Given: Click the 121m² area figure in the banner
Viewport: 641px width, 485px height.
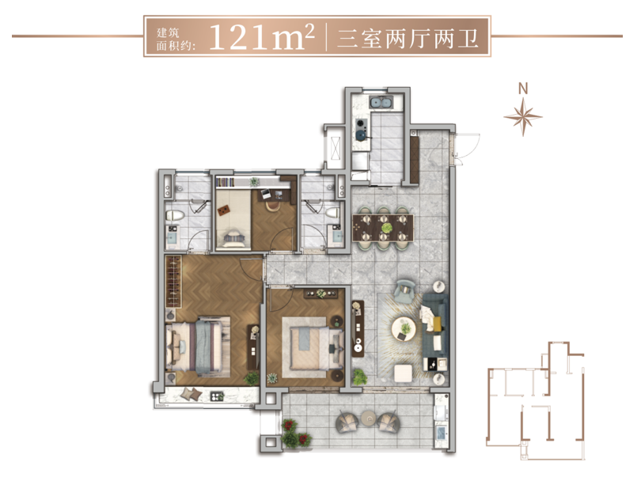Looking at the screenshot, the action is pyautogui.click(x=262, y=36).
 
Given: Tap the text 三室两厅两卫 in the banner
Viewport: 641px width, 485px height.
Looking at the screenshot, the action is pyautogui.click(x=408, y=39).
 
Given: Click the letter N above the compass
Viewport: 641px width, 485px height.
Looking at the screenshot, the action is pyautogui.click(x=523, y=89).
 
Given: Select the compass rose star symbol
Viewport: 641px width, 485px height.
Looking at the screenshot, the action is pyautogui.click(x=523, y=116).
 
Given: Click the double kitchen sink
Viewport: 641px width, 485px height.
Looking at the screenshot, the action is pyautogui.click(x=381, y=102).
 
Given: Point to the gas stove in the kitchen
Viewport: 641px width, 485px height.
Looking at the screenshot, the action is pyautogui.click(x=362, y=128).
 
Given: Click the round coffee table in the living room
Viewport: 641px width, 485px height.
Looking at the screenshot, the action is pyautogui.click(x=404, y=328).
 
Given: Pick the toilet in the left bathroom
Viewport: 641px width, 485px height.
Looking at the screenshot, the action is pyautogui.click(x=175, y=215).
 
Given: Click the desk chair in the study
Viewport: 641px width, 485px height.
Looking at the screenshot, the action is pyautogui.click(x=272, y=203).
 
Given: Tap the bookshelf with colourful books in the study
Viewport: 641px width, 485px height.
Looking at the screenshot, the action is pyautogui.click(x=225, y=182).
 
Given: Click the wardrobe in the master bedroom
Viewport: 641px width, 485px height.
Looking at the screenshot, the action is pyautogui.click(x=173, y=282).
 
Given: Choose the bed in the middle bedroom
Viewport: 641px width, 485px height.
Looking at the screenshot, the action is pyautogui.click(x=312, y=347).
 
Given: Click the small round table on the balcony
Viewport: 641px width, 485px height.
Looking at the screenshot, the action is pyautogui.click(x=369, y=418).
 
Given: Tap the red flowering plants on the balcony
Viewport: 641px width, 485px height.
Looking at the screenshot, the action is pyautogui.click(x=296, y=434).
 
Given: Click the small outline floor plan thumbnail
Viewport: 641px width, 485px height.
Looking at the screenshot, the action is pyautogui.click(x=536, y=400).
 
